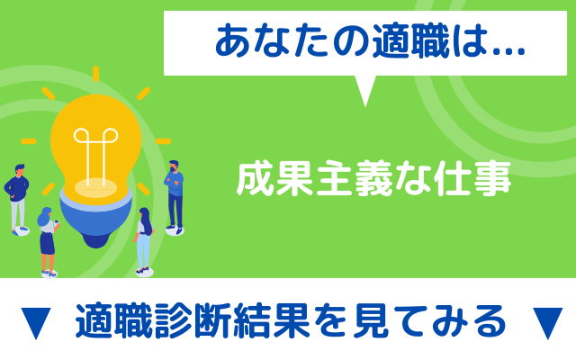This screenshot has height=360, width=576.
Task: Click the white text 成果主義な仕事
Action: coord(374,179)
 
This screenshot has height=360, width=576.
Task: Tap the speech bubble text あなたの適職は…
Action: coord(370,41)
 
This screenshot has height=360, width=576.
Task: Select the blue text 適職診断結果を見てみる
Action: coord(291,320)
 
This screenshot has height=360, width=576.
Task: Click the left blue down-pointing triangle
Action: coord(36,323)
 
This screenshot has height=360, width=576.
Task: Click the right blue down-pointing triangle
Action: coord(547,323)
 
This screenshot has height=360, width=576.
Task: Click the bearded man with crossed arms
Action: coord(174,197)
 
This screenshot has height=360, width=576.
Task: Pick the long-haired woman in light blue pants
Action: coord(144,241)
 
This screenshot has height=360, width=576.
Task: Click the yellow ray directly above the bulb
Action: coord(96,74)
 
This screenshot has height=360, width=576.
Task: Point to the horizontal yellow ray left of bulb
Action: coord(29,141)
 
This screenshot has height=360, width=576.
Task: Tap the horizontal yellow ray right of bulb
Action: coord(163,141)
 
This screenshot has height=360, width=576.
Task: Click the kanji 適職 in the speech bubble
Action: coord(410,41)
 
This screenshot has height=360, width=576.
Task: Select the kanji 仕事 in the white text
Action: coord(472,179)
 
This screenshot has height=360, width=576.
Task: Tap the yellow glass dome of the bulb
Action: coord(96,143)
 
